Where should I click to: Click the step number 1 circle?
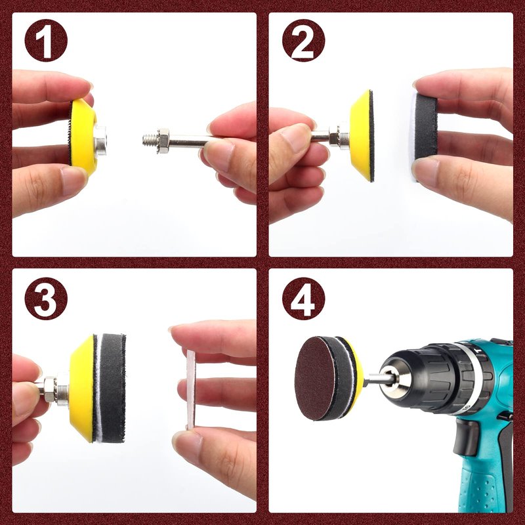46,41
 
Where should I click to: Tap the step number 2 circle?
303,41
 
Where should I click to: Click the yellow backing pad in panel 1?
83,137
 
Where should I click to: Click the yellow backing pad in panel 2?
362,136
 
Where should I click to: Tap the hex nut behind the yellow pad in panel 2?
335,135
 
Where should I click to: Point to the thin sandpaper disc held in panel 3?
191,389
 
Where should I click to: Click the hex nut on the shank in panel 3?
51,388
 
